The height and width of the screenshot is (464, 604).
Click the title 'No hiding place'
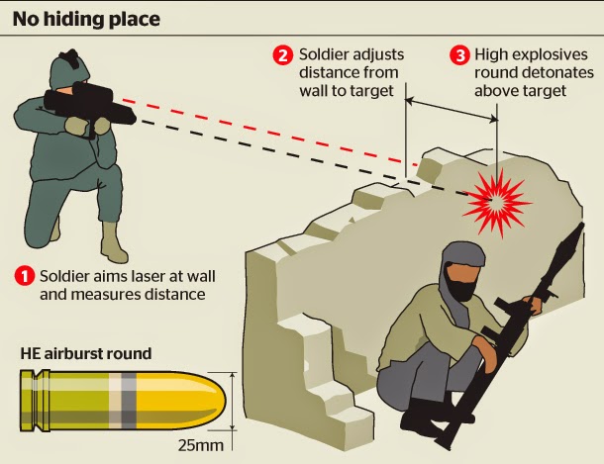tap(86, 18)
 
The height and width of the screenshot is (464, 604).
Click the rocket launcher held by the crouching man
tap(515, 326)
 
